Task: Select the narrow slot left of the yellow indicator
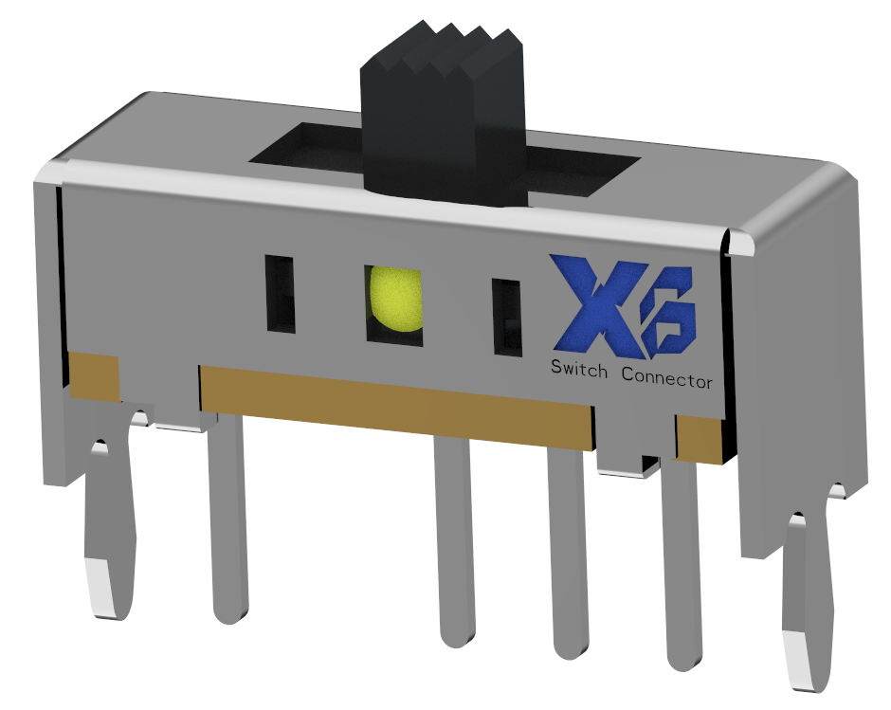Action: tap(280, 294)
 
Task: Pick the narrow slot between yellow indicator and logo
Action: tap(506, 318)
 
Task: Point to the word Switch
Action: tap(579, 369)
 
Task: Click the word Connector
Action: tap(666, 375)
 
